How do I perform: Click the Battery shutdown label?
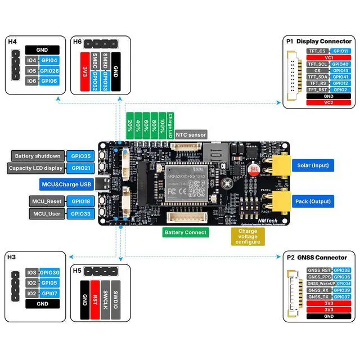coord(37,156)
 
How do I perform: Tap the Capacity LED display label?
coord(36,168)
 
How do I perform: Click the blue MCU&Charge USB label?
coord(66,184)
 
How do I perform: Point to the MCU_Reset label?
coord(46,201)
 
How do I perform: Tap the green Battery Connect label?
coord(186,232)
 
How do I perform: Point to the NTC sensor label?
coord(191,134)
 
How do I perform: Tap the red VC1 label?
coord(328,57)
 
